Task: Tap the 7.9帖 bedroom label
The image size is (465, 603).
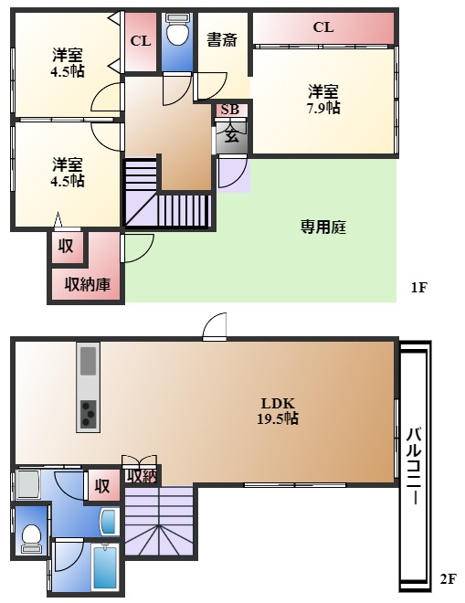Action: tap(323, 100)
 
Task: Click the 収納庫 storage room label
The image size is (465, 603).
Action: tap(87, 285)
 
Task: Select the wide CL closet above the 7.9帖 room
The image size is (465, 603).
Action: tap(323, 27)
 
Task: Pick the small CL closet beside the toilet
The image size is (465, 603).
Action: tap(140, 41)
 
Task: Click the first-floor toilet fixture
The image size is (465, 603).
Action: tap(177, 35)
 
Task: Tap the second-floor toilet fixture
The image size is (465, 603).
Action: tap(31, 537)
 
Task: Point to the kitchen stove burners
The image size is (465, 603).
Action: tap(89, 413)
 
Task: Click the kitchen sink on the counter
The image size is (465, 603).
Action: tap(89, 362)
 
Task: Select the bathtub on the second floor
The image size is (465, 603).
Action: tap(106, 568)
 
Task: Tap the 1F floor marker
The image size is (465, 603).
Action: tap(418, 288)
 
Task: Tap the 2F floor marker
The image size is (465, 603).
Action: tap(447, 579)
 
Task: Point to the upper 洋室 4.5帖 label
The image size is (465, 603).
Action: tap(69, 61)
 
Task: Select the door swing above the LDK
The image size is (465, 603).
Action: tap(215, 326)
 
